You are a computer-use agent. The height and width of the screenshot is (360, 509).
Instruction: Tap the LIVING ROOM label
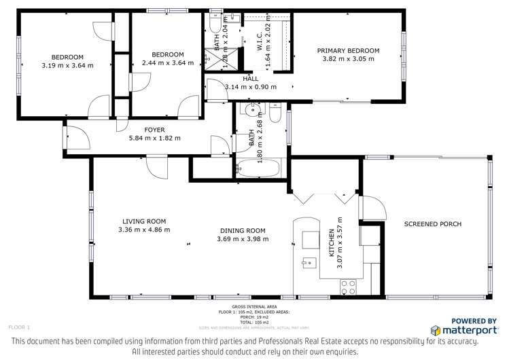coord(144,221)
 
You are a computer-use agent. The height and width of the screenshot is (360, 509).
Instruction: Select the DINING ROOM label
coord(243,230)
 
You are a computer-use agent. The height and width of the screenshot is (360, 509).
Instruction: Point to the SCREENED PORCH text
coord(432,224)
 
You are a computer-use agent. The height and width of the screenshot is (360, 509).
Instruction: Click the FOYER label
coord(154,130)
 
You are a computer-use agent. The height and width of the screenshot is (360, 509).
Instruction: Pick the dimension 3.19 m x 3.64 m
coord(67,65)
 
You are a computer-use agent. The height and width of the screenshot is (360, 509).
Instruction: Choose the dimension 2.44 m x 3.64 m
coord(167,63)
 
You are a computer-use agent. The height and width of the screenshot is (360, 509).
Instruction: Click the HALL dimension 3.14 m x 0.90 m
coord(250,87)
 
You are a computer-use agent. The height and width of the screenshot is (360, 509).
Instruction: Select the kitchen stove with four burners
coord(348,285)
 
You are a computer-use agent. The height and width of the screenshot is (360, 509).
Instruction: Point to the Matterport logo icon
coord(436,329)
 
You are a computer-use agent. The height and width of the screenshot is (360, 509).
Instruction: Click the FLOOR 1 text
coord(19,327)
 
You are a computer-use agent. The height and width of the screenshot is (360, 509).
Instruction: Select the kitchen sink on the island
coord(307,262)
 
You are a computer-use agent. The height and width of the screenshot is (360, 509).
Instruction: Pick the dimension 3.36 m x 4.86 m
coord(144,230)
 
